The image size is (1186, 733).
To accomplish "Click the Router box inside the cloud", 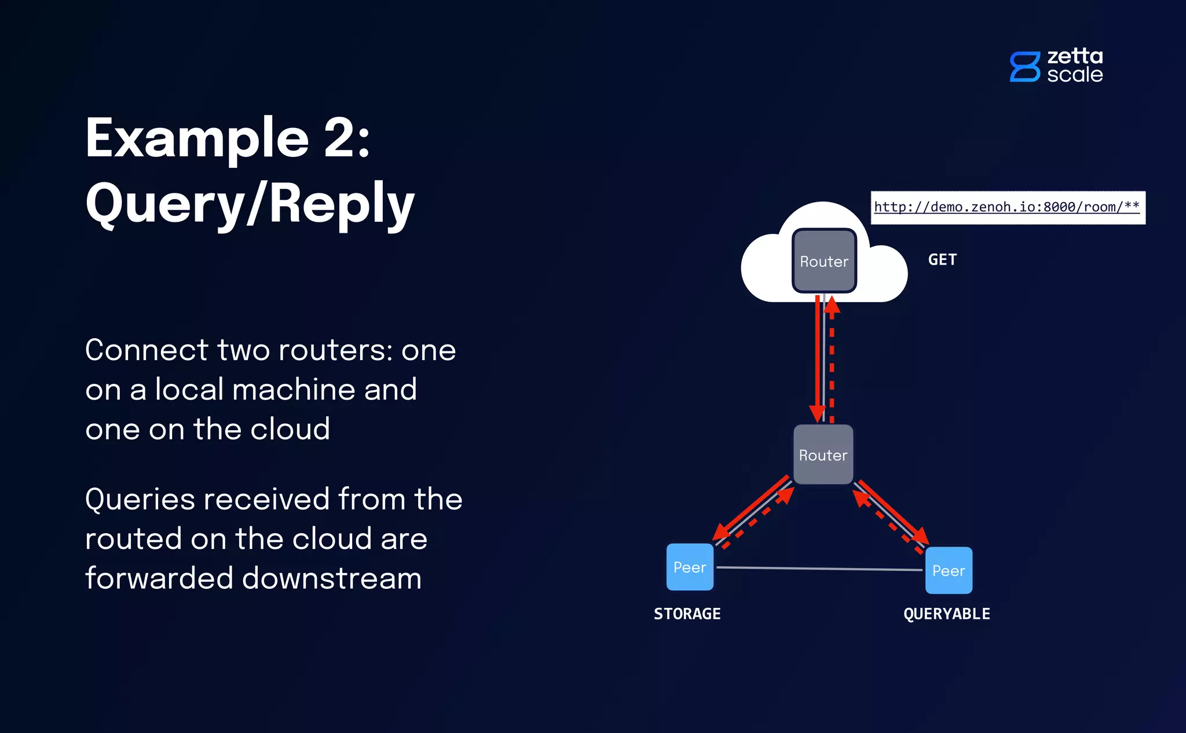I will [x=823, y=261].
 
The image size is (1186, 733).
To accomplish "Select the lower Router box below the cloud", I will [x=823, y=455].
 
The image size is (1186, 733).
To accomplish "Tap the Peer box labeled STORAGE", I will [x=690, y=567].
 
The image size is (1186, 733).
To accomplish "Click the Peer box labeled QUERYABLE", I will [x=949, y=571].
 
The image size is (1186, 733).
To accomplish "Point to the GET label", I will [x=942, y=260].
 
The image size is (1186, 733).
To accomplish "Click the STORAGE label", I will [x=687, y=614].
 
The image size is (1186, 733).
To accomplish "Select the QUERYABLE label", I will [x=947, y=614].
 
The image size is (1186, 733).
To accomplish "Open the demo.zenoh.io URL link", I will [x=1006, y=207].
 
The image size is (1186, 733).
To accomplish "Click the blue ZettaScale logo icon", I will [x=1024, y=67].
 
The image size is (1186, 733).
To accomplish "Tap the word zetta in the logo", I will [x=1075, y=56].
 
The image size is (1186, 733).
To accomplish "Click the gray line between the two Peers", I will [x=819, y=569].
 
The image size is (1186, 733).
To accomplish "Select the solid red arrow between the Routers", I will [x=818, y=359].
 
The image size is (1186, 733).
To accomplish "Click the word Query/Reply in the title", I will [x=250, y=203].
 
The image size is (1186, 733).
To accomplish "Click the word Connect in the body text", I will [x=147, y=350].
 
